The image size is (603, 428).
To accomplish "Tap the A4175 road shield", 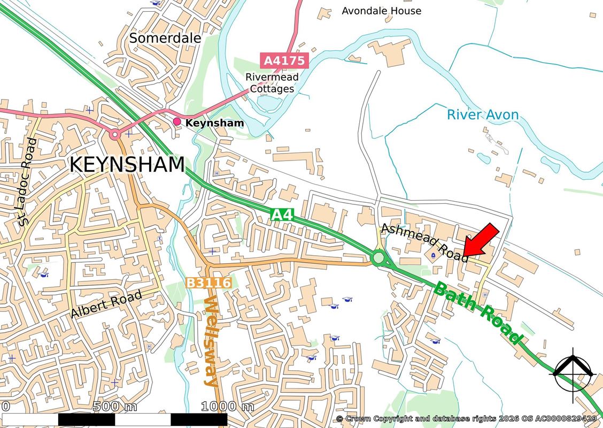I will point(285,60).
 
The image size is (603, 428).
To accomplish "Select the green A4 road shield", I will point(282,215).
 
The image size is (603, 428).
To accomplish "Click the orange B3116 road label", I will point(208,282).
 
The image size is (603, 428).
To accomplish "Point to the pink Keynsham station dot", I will point(177,122).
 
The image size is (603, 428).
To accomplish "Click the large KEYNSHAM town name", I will point(127,165).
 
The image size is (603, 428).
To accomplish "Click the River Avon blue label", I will point(483,114).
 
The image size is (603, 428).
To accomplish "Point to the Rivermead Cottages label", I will point(272,83).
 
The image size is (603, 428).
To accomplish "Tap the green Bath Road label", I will point(477,313).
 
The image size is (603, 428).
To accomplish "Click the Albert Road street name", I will point(106,304).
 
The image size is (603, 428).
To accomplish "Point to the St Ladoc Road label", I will point(26,182).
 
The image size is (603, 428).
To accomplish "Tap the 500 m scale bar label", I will point(114,407).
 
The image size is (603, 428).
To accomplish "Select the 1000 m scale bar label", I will point(227,407).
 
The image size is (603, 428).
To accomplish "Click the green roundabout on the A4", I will point(378,258).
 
